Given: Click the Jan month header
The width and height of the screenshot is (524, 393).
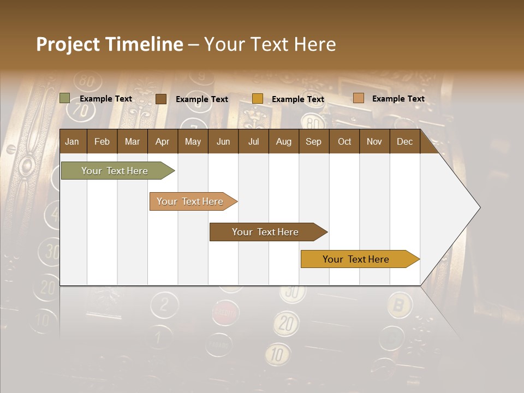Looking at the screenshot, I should (x=72, y=141).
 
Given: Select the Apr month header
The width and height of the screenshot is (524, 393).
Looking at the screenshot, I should (x=162, y=141).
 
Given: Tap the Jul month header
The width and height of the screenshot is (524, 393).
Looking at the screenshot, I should (x=253, y=141).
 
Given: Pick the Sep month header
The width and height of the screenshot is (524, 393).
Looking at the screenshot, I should (x=313, y=141).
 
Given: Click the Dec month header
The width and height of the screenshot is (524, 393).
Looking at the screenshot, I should (x=404, y=141).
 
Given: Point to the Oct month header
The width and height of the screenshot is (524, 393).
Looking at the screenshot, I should (x=344, y=141).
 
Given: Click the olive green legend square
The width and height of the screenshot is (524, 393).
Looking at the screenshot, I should (x=65, y=98).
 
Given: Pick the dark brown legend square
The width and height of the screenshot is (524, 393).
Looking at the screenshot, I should (x=161, y=99).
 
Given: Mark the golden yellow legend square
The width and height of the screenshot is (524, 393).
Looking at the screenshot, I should (x=258, y=99).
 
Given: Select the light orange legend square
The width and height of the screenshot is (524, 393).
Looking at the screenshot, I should (x=358, y=98).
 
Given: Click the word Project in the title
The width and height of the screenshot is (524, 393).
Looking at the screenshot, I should (x=67, y=44).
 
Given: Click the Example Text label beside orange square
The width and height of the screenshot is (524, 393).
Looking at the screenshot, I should (x=398, y=98).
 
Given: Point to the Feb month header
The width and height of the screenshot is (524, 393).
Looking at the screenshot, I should (x=102, y=141).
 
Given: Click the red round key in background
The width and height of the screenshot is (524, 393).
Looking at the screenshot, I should (x=225, y=312).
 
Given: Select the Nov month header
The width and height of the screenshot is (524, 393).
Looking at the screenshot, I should (x=374, y=141).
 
